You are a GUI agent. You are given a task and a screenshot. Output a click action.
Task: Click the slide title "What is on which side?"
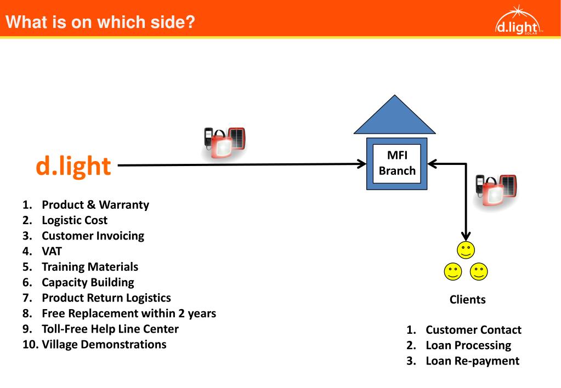[x=101, y=22]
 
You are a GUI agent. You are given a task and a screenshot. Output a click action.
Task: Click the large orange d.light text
[x=73, y=166]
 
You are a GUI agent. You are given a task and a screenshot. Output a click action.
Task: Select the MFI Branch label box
[x=397, y=163]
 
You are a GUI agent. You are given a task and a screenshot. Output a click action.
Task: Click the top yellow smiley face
[x=466, y=250]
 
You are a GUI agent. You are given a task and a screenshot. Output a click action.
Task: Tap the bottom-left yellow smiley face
[x=453, y=271]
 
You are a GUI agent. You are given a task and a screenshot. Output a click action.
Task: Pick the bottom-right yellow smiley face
[x=479, y=271]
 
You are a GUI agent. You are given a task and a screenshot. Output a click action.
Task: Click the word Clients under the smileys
[x=467, y=300]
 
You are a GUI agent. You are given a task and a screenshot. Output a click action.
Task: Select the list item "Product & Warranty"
[x=95, y=205]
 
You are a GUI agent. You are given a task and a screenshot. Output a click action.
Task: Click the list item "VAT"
[x=52, y=252]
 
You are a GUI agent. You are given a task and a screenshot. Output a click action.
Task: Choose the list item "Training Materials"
[x=90, y=267]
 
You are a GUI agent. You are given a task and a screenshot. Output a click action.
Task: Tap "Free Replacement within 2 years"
[x=129, y=313]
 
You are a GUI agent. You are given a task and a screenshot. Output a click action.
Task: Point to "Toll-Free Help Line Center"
[x=110, y=329]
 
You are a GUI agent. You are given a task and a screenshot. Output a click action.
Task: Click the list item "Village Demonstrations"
[x=104, y=345]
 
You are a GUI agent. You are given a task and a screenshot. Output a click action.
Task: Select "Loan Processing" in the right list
[x=468, y=345]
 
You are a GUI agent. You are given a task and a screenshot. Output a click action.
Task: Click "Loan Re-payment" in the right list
[x=472, y=361]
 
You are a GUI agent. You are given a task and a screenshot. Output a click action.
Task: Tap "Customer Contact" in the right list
[x=473, y=330]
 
